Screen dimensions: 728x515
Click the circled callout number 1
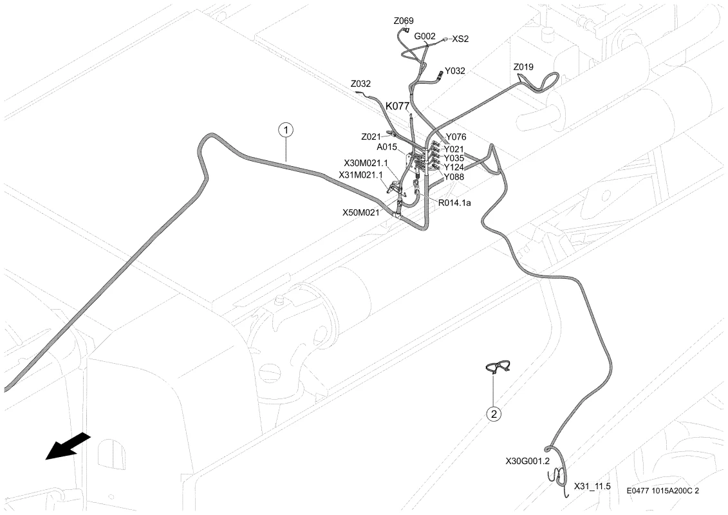coord(286,129)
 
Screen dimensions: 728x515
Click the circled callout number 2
coord(494,413)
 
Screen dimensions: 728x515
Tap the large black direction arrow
coord(68,445)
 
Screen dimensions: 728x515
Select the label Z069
coord(404,21)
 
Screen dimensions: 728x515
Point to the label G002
coord(425,36)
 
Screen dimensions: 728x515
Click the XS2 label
coord(460,39)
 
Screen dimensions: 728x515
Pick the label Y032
coord(454,71)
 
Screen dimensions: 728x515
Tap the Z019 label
coord(523,67)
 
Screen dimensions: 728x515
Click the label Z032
coord(360,84)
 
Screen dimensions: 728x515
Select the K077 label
coord(397,106)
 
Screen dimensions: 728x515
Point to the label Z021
coord(371,137)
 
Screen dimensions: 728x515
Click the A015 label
coord(387,147)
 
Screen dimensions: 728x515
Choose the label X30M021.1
coord(366,163)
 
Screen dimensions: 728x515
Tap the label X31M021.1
coord(360,175)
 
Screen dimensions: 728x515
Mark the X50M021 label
coord(360,212)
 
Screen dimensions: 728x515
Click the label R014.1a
coord(454,203)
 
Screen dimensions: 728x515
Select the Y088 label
coord(454,177)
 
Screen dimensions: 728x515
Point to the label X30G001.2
coord(527,461)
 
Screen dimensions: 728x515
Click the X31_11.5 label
coord(592,486)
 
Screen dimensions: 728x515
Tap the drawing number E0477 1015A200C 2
coord(662,491)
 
